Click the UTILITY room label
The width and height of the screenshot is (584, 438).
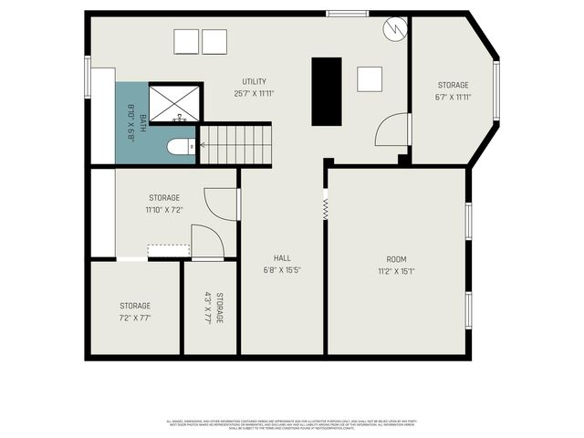(255, 81)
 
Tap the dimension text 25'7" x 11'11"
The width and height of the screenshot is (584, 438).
(255, 93)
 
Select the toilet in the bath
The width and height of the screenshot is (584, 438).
(181, 146)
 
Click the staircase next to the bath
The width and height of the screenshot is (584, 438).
(235, 144)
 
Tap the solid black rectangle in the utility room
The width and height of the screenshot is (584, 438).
(327, 91)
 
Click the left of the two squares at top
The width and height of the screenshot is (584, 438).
(185, 42)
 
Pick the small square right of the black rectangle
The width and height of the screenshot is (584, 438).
(370, 79)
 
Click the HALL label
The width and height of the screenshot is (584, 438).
(282, 257)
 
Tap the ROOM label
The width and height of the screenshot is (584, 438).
(396, 258)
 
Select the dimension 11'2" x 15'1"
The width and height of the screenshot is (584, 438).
(396, 270)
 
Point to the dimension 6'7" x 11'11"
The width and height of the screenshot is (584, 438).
(453, 97)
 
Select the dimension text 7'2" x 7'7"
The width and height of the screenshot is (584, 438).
(135, 318)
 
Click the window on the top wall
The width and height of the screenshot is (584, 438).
(342, 14)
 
